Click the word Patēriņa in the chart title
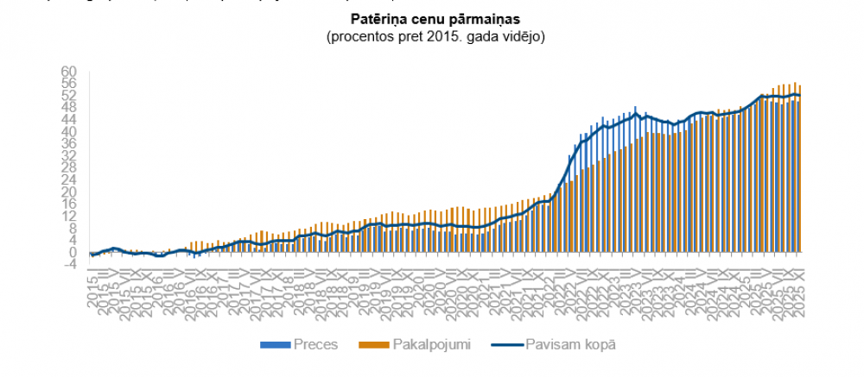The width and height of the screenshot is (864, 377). (x=376, y=18)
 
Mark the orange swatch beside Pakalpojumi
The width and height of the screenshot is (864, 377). (x=376, y=345)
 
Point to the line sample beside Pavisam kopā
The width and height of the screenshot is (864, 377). (x=505, y=345)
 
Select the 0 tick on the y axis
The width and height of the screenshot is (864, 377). (x=73, y=252)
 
